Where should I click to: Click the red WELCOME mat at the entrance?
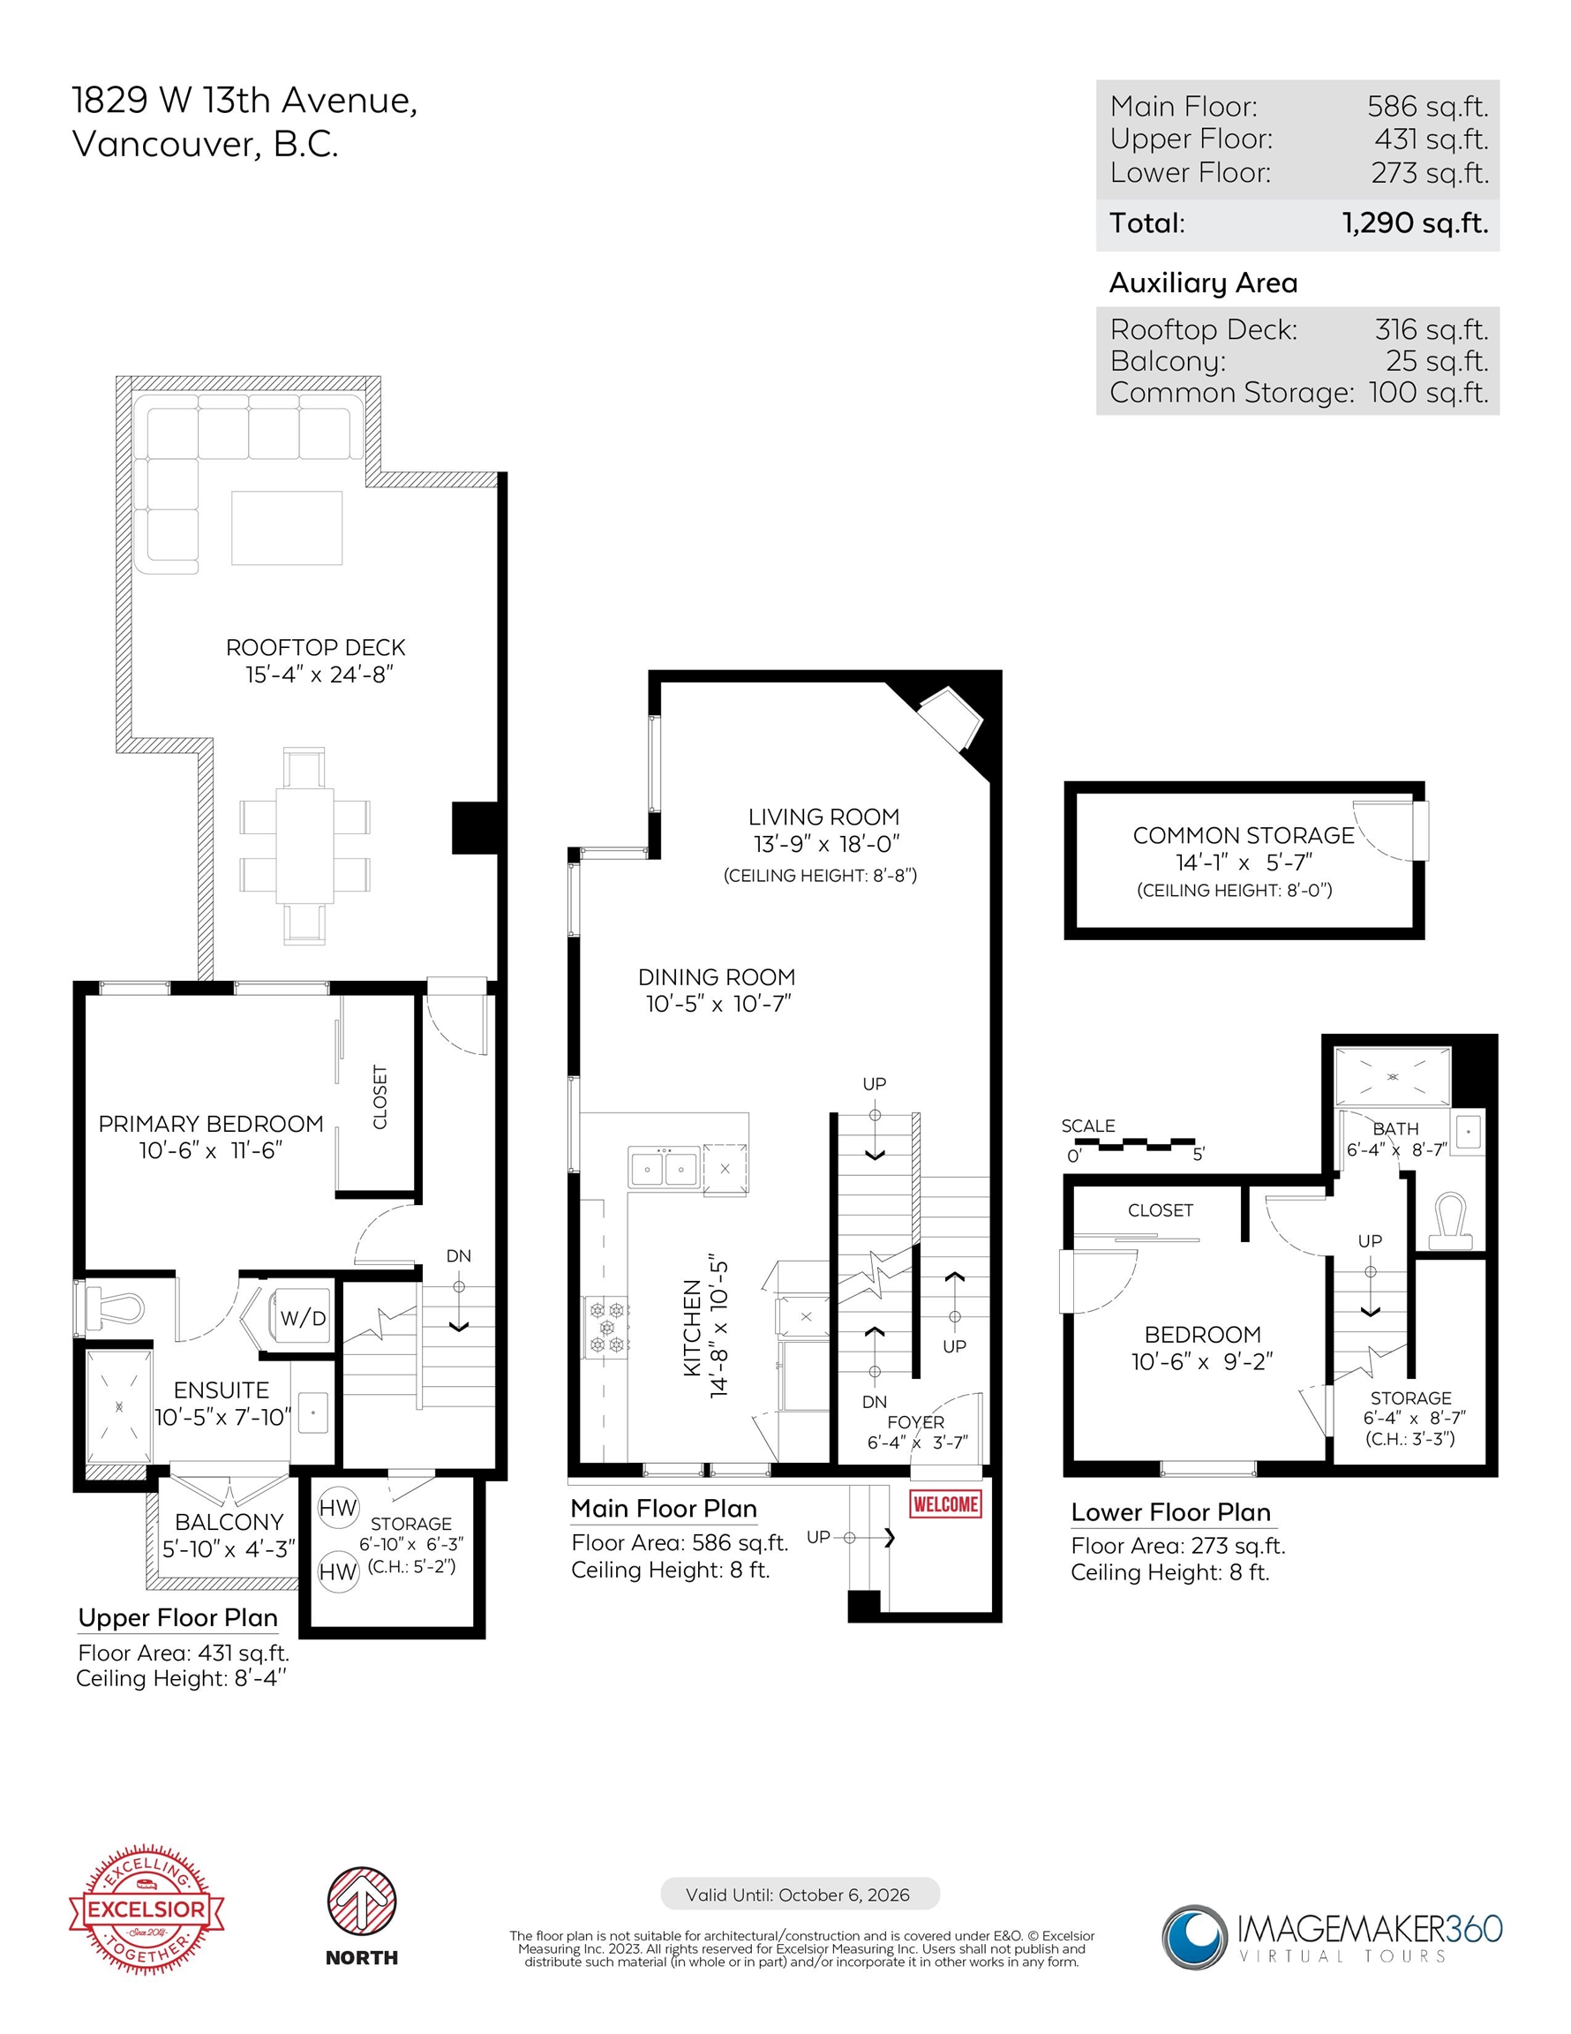(x=945, y=1504)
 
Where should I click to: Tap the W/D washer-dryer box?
(x=302, y=1317)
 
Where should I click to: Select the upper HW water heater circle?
(x=338, y=1508)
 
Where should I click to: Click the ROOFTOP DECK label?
(x=316, y=647)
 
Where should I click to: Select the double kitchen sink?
(x=663, y=1167)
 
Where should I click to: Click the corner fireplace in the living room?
(x=950, y=719)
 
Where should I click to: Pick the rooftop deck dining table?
(x=304, y=846)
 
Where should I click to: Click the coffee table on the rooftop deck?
(x=287, y=528)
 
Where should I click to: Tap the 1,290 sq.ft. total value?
(x=1415, y=223)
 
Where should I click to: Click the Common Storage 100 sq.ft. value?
(x=1429, y=392)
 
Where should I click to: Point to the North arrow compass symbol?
(x=361, y=1901)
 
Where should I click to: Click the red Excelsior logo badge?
(x=147, y=1909)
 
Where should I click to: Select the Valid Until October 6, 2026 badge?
(x=799, y=1895)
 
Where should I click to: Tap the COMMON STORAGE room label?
(x=1244, y=835)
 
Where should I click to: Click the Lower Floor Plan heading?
(x=1170, y=1511)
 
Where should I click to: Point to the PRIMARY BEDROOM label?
(x=210, y=1123)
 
